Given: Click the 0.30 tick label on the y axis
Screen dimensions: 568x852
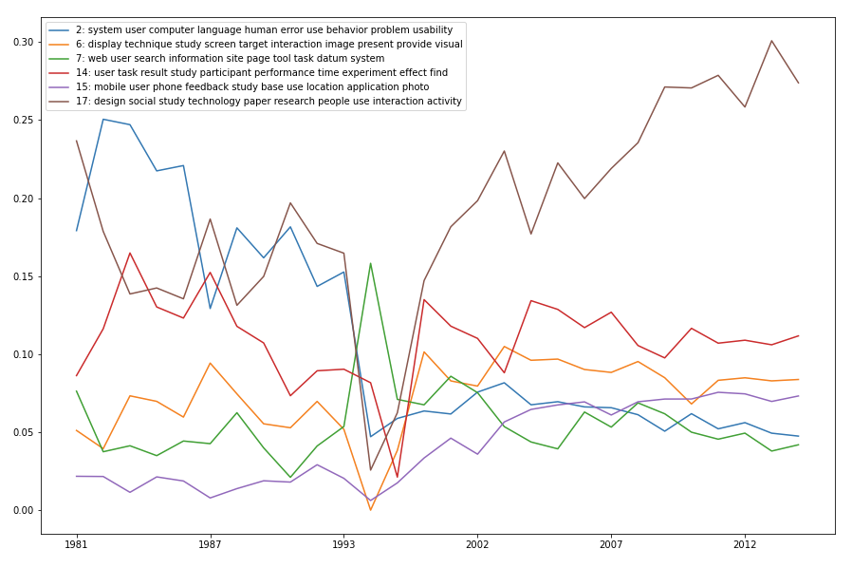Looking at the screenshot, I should pos(21,42).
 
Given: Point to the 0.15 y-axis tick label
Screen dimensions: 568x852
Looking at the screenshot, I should pos(21,276).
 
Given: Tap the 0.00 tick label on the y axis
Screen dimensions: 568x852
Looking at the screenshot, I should pos(21,510).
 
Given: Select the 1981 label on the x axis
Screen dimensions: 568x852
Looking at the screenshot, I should pos(77,545).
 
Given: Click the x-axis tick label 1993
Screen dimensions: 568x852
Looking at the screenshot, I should pos(343,545).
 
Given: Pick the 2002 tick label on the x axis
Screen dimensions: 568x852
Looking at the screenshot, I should pos(477,545).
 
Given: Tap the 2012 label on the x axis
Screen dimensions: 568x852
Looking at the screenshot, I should pos(745,545).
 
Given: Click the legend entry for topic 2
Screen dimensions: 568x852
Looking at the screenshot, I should pos(264,30).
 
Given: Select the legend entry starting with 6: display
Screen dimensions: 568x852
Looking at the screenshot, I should pos(269,45).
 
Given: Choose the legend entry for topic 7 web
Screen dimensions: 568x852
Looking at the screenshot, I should pos(230,59).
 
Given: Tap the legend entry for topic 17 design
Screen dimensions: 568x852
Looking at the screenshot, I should pos(269,102).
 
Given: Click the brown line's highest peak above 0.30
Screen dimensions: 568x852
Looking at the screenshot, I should pos(771,41).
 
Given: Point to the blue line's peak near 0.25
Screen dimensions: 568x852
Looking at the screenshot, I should pos(103,120).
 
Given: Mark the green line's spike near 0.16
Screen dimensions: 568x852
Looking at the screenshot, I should pos(370,263).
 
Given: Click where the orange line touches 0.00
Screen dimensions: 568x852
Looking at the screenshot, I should pos(370,510).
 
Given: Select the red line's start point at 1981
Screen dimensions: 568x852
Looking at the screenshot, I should pos(77,376).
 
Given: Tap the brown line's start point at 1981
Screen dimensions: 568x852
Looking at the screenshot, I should pos(77,141).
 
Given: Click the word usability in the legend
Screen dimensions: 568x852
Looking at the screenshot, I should pos(430,30).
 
